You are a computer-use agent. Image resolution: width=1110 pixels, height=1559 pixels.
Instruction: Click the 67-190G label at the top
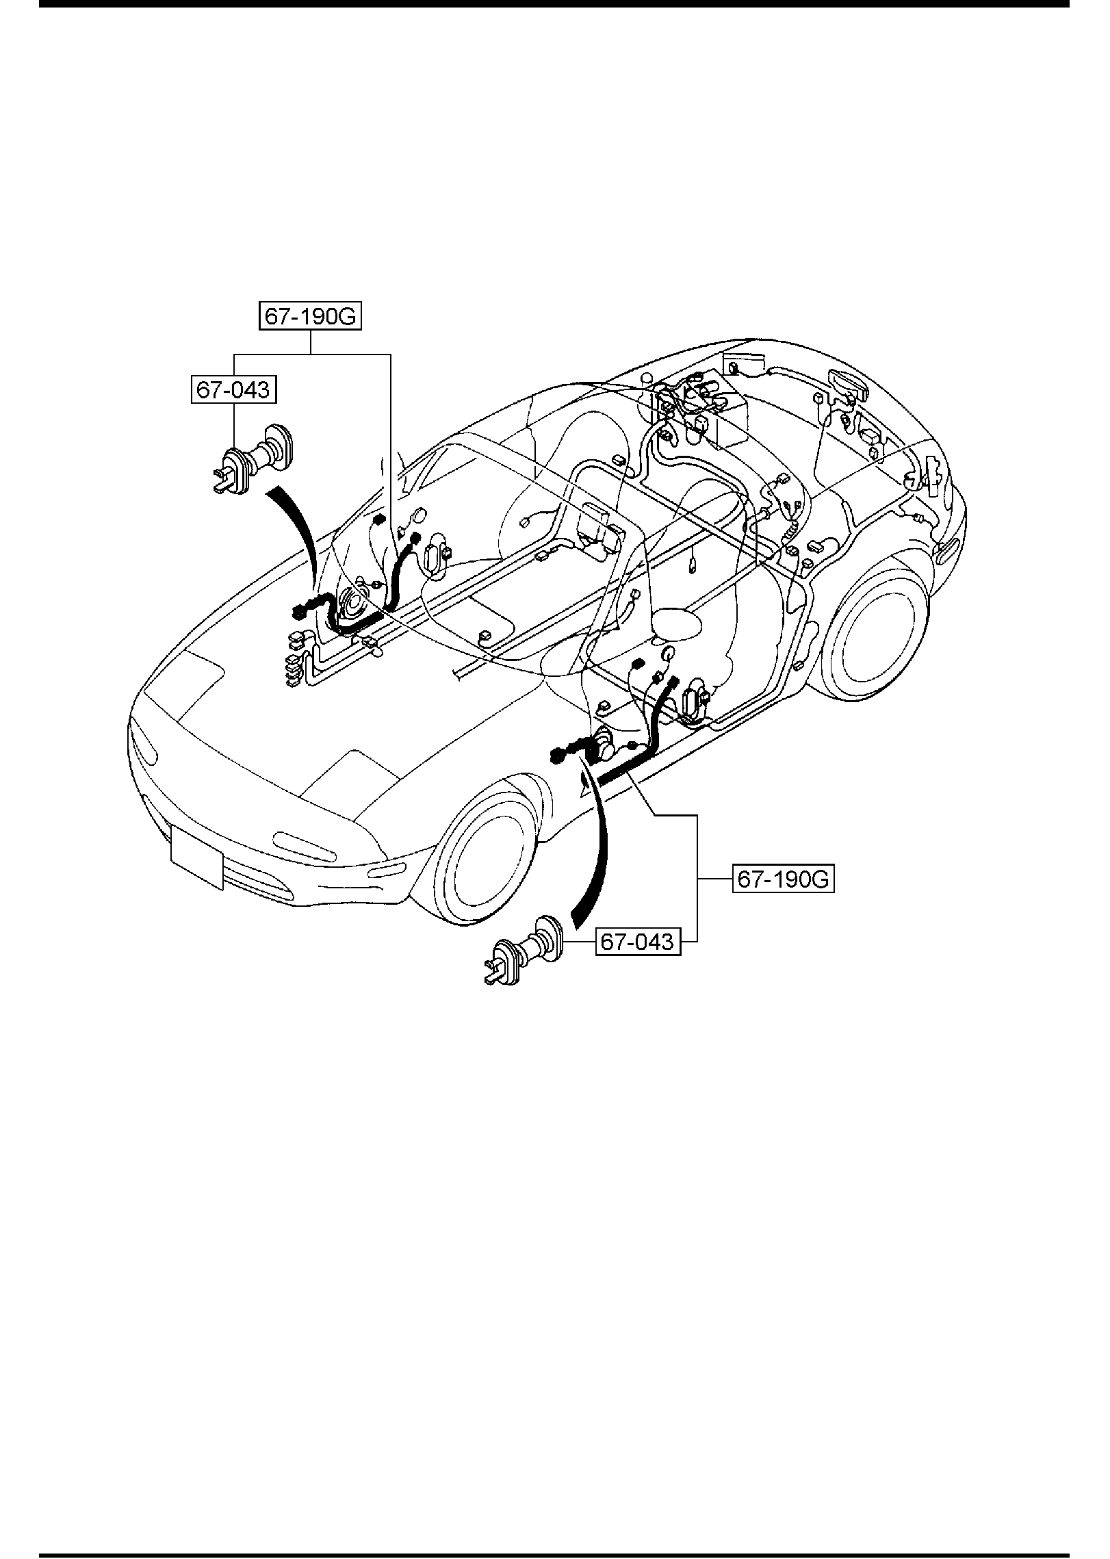tap(310, 318)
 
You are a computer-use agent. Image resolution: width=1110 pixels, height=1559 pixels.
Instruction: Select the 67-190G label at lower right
tap(784, 879)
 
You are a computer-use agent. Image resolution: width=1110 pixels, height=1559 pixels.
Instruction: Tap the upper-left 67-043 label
tap(234, 391)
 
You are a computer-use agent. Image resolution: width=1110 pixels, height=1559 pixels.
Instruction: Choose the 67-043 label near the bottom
tap(638, 942)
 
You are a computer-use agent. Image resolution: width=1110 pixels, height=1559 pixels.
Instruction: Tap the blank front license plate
tap(197, 855)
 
